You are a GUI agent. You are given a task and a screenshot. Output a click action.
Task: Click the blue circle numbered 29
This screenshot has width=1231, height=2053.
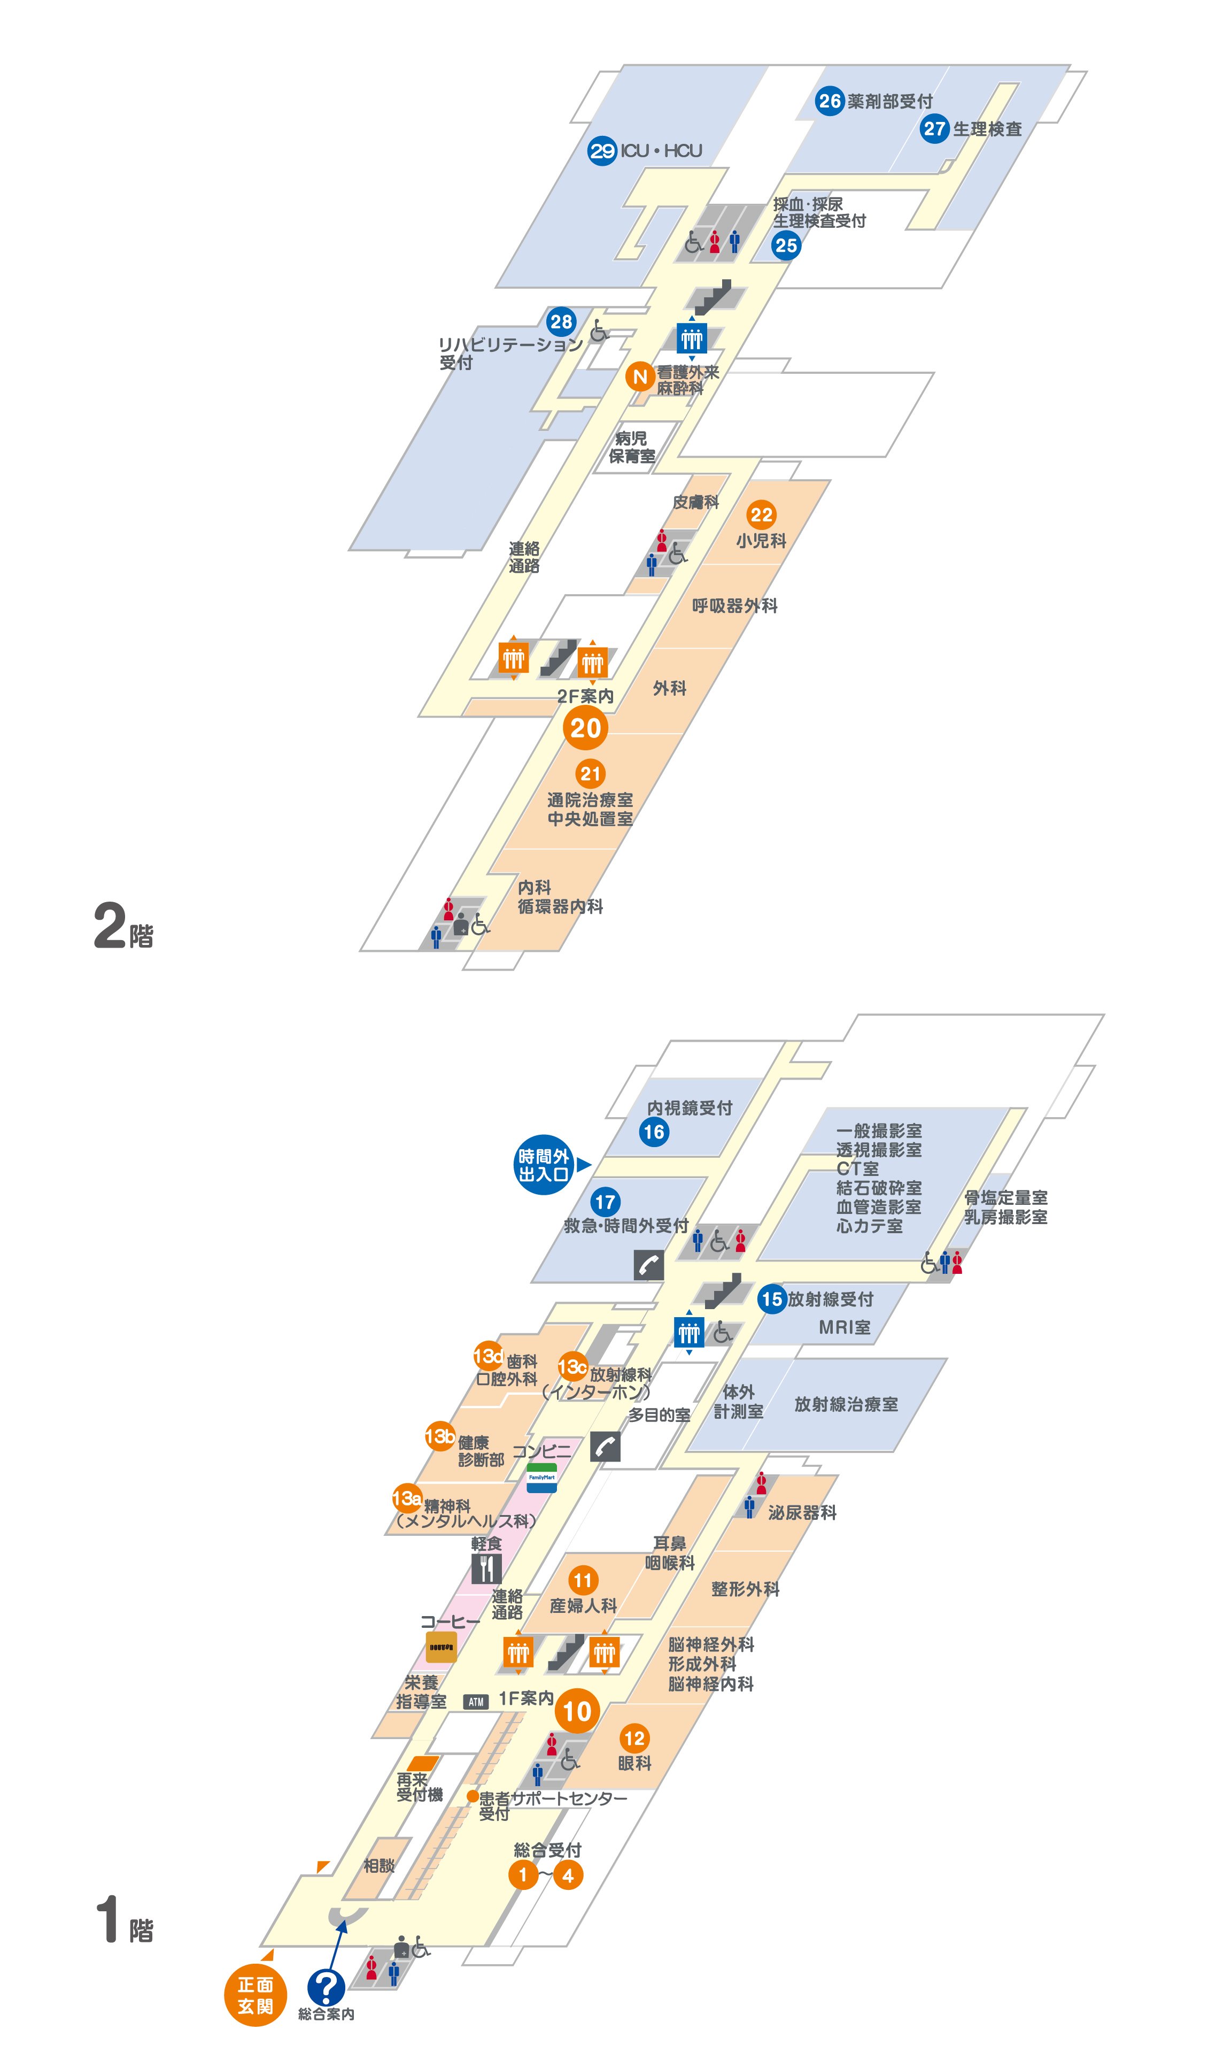[602, 151]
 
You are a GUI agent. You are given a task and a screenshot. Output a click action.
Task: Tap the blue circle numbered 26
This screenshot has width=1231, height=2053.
[830, 101]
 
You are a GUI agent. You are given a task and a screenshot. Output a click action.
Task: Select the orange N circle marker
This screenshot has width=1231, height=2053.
[640, 376]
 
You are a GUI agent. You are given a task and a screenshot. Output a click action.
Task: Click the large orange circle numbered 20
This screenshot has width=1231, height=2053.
[586, 728]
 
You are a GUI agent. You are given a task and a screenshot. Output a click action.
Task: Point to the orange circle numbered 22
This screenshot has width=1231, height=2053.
[761, 514]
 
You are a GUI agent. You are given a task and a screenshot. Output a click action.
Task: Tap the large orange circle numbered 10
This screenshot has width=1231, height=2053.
[577, 1711]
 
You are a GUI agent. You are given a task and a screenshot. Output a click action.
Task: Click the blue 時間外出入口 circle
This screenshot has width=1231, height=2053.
[543, 1164]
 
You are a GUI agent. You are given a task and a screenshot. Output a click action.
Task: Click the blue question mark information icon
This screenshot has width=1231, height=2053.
[326, 1987]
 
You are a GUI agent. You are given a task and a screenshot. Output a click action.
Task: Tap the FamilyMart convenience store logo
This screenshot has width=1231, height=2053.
[541, 1478]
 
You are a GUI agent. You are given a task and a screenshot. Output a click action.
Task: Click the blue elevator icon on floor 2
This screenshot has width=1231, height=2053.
[691, 338]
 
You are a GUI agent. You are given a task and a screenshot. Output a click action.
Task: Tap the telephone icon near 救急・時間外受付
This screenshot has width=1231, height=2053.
[649, 1265]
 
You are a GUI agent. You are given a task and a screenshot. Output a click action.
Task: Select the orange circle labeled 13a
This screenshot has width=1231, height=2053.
[406, 1498]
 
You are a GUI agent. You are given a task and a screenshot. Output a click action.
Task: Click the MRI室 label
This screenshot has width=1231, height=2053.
[845, 1327]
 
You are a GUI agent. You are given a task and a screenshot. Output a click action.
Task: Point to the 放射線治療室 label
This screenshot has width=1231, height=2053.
[846, 1404]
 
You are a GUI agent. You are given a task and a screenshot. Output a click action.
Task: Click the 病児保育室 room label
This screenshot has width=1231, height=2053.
[632, 447]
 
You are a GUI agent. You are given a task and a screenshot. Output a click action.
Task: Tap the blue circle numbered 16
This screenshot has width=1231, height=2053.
[654, 1131]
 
